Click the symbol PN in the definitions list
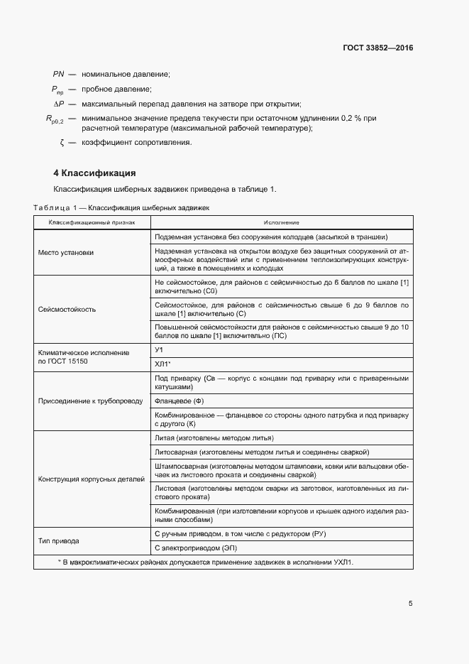(58, 74)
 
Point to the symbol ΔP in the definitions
(59, 104)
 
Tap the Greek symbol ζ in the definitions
(62, 143)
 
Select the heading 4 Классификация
(94, 173)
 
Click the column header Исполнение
(282, 222)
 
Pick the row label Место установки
(65, 253)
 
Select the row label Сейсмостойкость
(67, 310)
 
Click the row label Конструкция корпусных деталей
(91, 479)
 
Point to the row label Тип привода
(58, 540)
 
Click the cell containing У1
(159, 351)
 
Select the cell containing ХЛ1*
(162, 364)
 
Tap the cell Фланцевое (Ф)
(178, 401)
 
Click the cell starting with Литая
(214, 438)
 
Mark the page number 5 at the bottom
(410, 604)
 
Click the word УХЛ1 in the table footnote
(341, 562)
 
